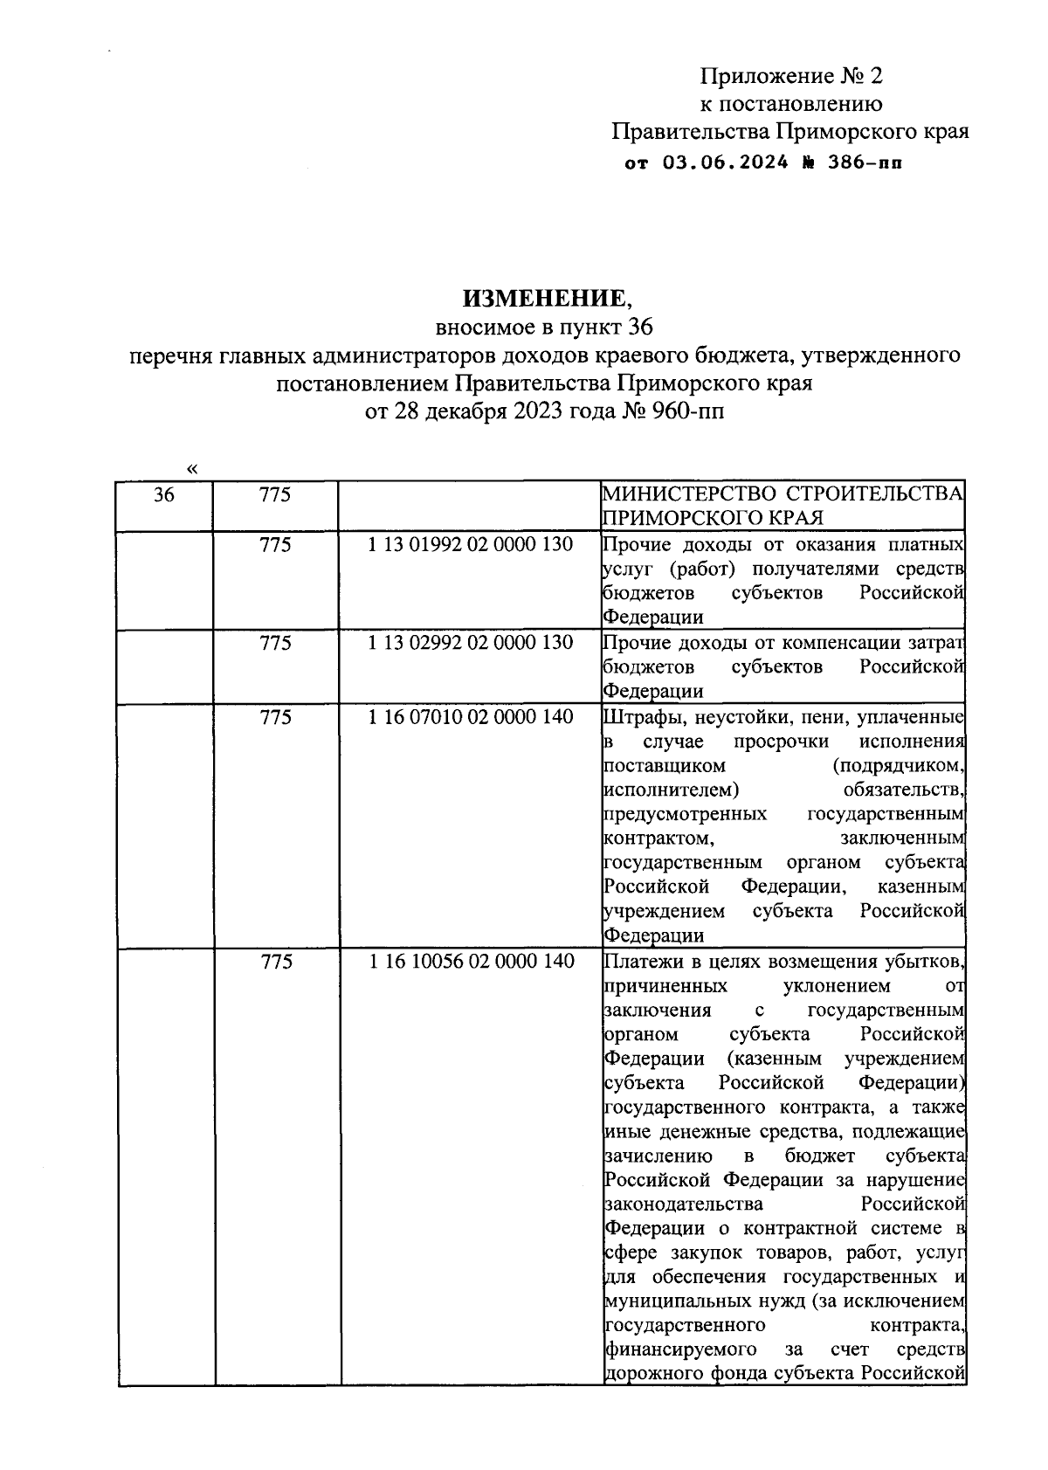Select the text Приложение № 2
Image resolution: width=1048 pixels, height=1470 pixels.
[791, 76]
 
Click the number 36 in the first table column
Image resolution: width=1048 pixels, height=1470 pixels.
[164, 495]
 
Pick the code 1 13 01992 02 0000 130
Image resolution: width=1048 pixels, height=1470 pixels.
[471, 545]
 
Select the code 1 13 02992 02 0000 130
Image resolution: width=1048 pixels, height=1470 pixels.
[471, 643]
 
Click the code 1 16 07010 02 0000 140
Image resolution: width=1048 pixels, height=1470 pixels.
[471, 717]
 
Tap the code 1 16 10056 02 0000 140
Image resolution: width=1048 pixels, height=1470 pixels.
[471, 962]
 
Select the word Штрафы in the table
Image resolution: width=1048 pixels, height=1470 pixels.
[637, 717]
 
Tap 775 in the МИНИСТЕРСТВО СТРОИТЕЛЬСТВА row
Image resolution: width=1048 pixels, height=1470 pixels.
[275, 495]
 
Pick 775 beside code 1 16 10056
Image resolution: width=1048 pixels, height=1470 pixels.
[275, 962]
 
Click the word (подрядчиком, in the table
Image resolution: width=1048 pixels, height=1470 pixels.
[899, 766]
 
